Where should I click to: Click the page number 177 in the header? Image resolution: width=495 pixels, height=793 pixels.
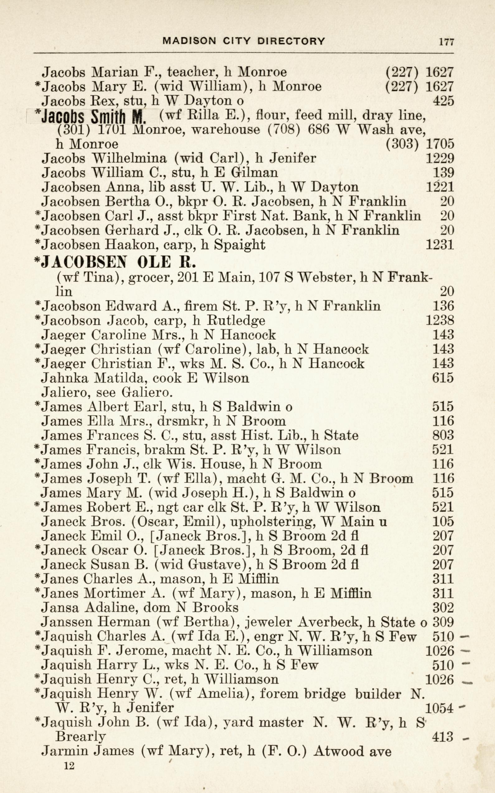[x=446, y=42]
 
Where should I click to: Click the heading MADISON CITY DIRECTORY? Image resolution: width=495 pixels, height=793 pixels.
[x=244, y=41]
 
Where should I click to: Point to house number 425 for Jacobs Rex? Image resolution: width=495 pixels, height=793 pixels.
[x=443, y=101]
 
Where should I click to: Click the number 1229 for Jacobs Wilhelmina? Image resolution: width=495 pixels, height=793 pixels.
[x=440, y=159]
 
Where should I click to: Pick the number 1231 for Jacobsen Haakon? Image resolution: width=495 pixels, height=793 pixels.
[x=440, y=245]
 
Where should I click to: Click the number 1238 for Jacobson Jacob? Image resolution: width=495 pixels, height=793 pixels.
[x=440, y=321]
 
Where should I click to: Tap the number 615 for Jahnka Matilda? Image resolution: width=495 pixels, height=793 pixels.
[x=443, y=378]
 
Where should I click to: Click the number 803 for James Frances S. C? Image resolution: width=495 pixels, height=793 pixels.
[x=443, y=436]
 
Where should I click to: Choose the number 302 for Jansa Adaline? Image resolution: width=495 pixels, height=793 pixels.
[x=443, y=608]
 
